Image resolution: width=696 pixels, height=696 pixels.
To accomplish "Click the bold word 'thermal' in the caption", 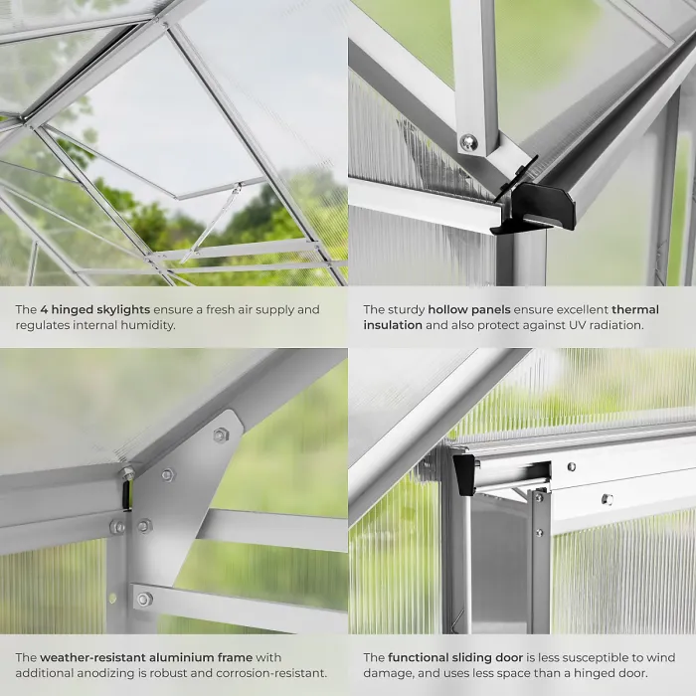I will (635, 310).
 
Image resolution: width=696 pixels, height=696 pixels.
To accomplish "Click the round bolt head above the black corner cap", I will (468, 142).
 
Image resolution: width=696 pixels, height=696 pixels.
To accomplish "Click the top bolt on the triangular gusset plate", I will (220, 435).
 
